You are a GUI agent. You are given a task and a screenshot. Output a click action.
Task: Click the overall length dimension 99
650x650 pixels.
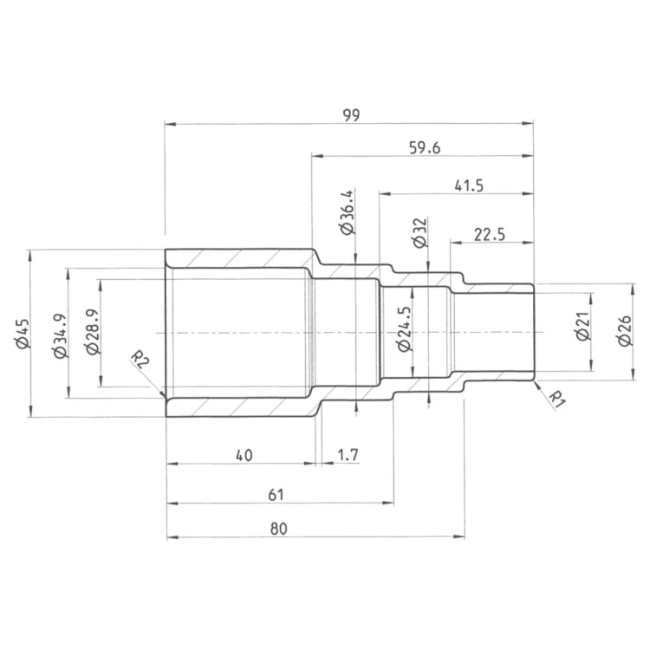[352, 114]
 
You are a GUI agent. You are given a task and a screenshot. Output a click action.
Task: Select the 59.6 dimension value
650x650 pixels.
[425, 147]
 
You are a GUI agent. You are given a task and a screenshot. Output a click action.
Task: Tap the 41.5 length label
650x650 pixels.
[469, 185]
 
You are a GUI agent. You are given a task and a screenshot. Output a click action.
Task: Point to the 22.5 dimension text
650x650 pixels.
[490, 235]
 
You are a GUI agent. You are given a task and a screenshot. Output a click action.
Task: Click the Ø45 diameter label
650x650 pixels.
[22, 334]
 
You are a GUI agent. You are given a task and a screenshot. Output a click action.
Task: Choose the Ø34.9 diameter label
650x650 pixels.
[60, 336]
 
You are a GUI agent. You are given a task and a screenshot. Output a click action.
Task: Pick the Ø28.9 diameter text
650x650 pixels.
[93, 332]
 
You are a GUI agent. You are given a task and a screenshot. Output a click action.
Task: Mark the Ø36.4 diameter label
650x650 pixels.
[347, 212]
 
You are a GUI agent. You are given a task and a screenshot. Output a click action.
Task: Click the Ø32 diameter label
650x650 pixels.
[419, 233]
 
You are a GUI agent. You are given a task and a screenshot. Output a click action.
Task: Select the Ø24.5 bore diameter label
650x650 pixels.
[404, 329]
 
